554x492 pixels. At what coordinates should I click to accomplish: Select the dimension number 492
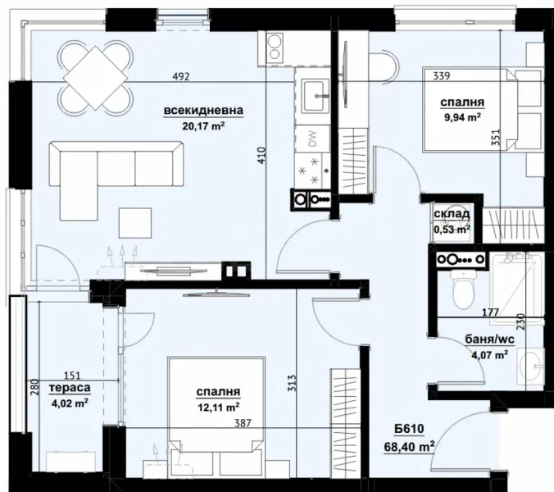(181, 77)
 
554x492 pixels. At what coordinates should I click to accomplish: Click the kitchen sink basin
(313, 95)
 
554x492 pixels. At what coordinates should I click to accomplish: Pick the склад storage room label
(452, 215)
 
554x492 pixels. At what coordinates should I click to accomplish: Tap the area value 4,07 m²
(488, 355)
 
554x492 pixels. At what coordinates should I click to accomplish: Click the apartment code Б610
(406, 428)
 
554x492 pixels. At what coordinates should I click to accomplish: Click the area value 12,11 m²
(217, 407)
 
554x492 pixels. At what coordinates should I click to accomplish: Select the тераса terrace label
(69, 387)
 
